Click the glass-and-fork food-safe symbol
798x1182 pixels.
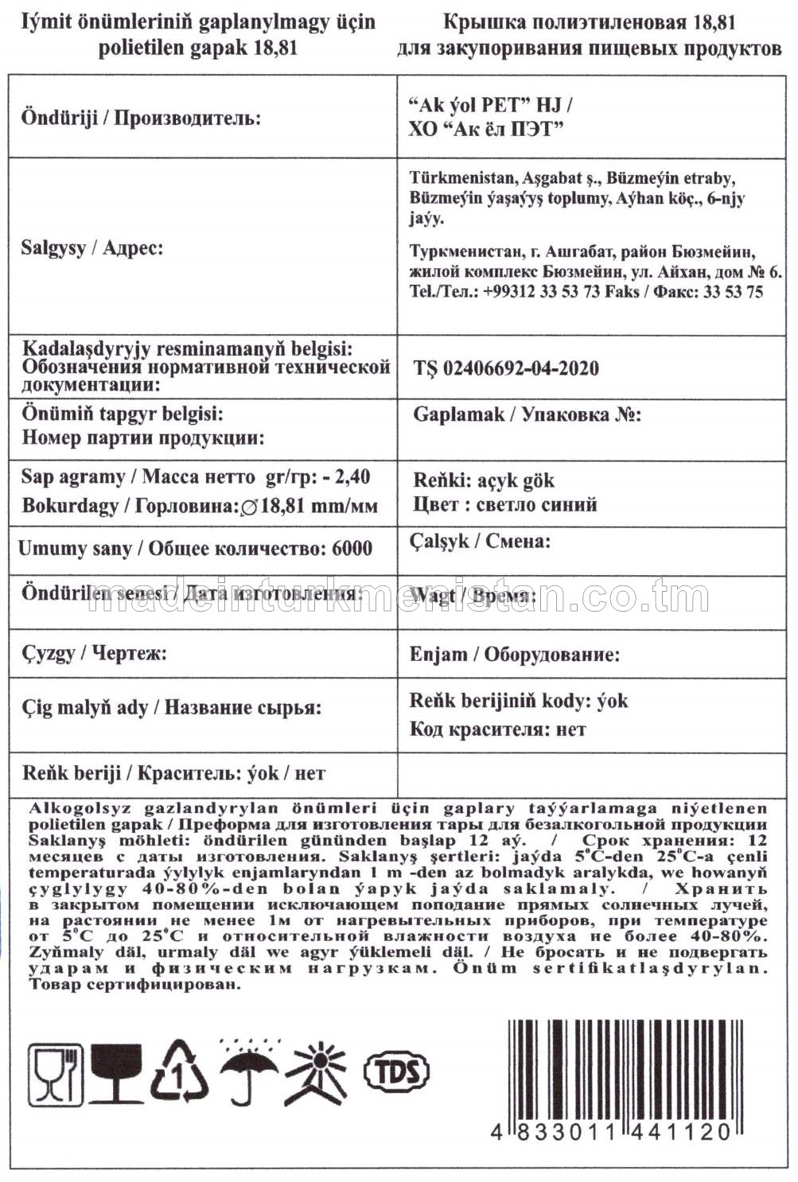tap(56, 1073)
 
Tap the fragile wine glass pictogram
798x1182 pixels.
tap(116, 1073)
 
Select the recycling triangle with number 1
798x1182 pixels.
tap(180, 1073)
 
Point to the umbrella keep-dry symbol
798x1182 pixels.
tap(248, 1073)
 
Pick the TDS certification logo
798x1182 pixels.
tap(395, 1071)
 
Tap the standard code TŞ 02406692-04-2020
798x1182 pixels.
tap(506, 368)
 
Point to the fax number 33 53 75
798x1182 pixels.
tap(732, 292)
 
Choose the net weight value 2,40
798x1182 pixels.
tap(352, 477)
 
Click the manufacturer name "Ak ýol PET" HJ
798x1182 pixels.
tap(489, 106)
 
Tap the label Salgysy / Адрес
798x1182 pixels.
tap(92, 248)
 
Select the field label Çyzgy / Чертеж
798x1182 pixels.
tap(94, 654)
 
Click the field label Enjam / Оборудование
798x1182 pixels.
tap(514, 655)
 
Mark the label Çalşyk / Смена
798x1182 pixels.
tap(480, 542)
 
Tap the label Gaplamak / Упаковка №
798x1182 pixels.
tap(527, 414)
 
